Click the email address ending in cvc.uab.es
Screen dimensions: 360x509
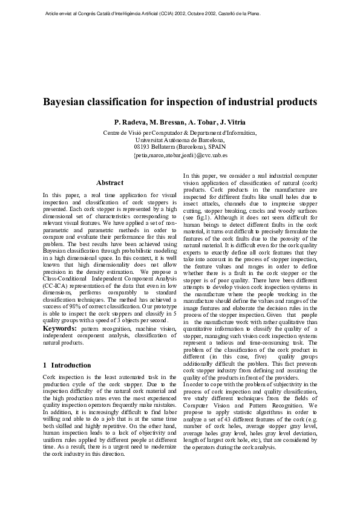pos(180,155)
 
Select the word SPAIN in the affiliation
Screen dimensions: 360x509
pos(215,146)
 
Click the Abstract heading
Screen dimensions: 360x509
pos(110,183)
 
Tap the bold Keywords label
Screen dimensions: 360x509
pos(59,328)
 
